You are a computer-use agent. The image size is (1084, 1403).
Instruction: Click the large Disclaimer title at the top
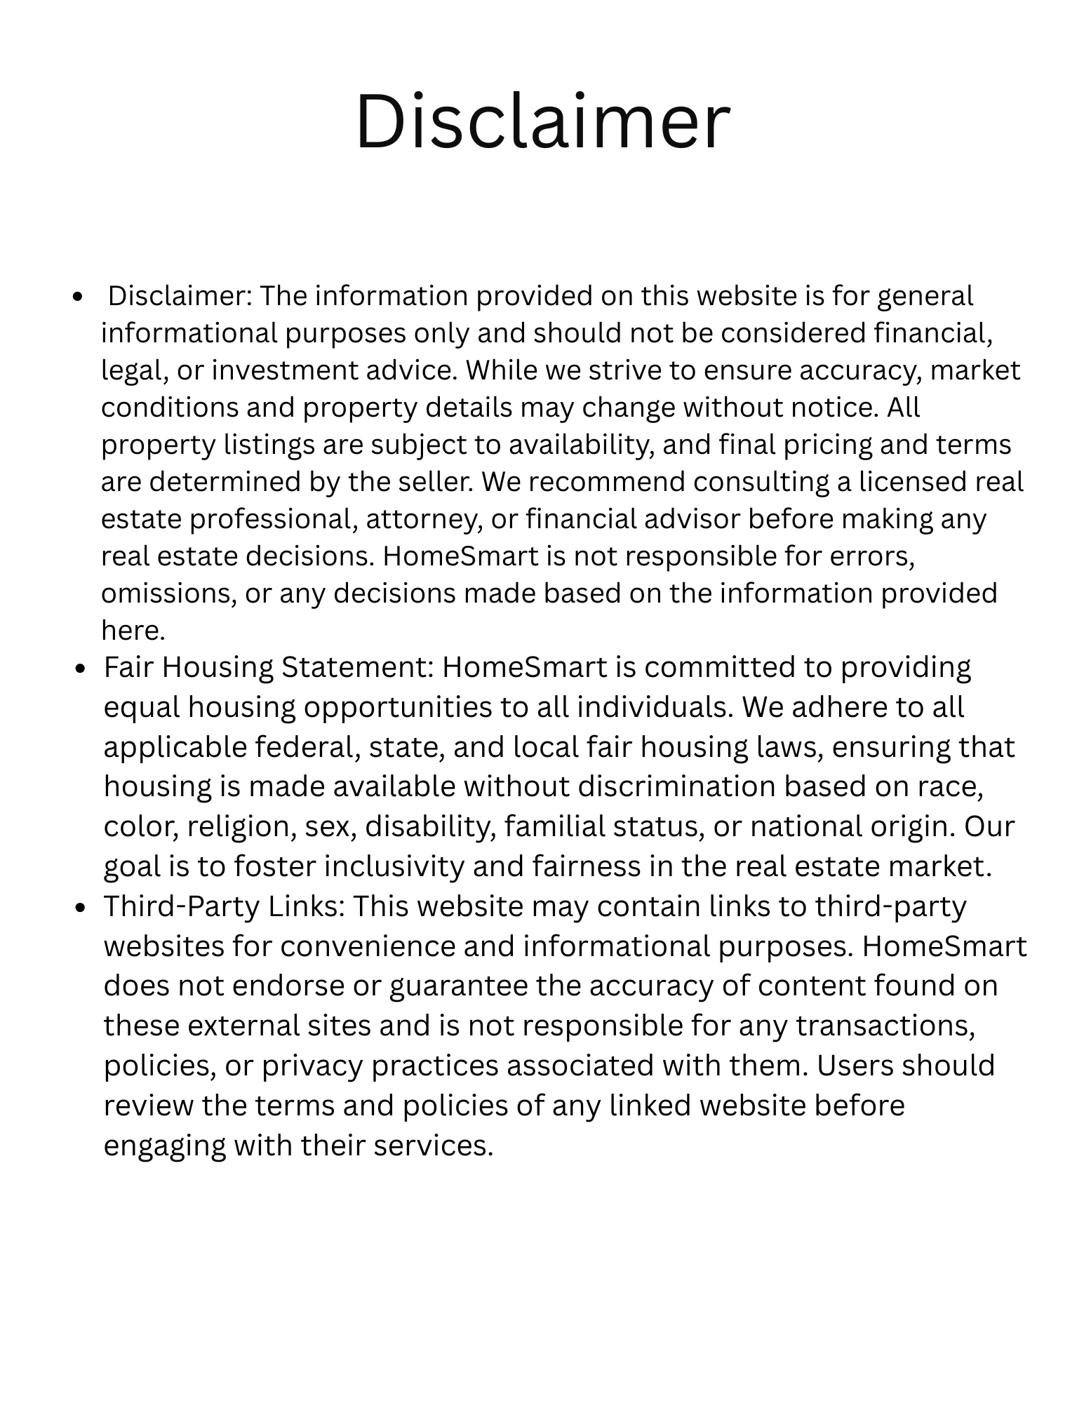542,121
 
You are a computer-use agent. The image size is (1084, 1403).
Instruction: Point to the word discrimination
676,787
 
